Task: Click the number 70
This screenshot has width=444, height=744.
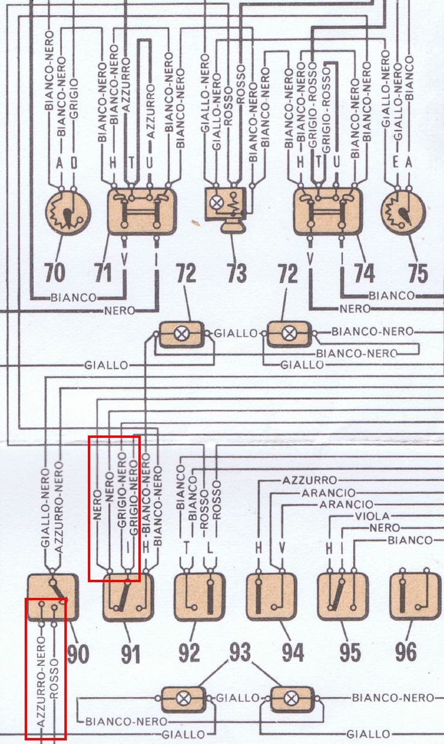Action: (55, 273)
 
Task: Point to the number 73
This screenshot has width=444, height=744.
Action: (236, 273)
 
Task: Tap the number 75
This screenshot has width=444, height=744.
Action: (418, 273)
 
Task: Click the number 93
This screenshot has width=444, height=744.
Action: (239, 653)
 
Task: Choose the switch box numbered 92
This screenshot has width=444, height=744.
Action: (199, 596)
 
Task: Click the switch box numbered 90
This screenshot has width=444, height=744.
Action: (53, 596)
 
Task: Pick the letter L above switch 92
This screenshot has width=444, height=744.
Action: (210, 547)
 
